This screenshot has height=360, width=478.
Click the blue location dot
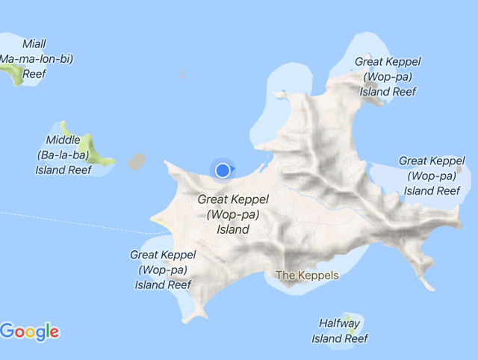(223, 171)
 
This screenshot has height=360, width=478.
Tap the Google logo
(30, 331)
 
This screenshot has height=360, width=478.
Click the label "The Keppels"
(307, 276)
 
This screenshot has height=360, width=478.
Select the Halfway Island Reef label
(340, 331)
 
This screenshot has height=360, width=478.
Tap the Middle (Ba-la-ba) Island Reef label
(64, 155)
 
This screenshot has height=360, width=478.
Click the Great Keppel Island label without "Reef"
(232, 214)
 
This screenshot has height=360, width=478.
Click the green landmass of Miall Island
(13, 73)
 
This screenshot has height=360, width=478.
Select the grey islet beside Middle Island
(137, 161)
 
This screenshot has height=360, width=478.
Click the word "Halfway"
(340, 323)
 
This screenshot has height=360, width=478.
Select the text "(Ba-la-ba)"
(63, 155)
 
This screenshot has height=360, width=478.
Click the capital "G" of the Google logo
(8, 330)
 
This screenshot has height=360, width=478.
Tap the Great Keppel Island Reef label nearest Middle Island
(163, 270)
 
